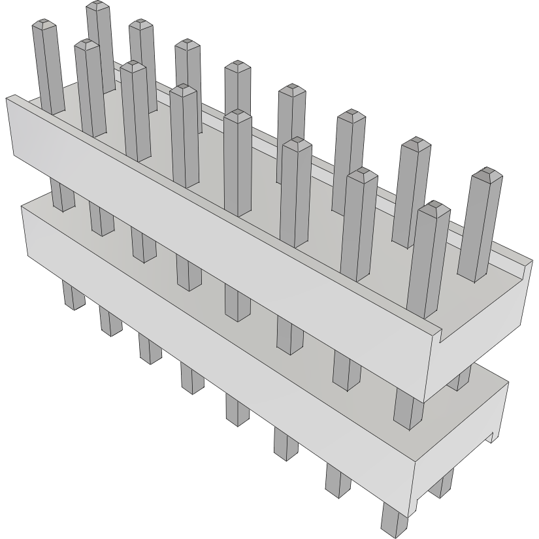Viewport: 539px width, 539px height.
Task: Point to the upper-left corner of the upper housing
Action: pos(8,98)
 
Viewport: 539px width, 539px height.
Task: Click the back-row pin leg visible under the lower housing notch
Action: pos(444,483)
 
